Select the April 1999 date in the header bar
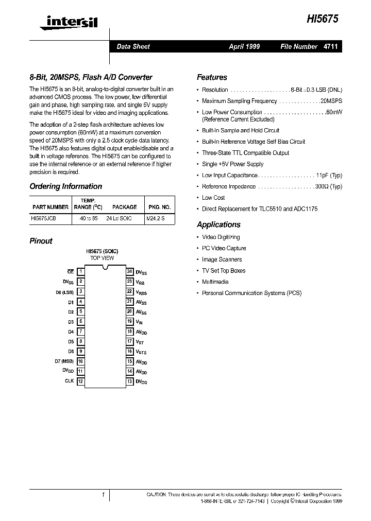click(244, 46)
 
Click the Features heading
click(212, 77)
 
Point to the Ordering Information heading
click(66, 186)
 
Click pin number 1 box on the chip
click(80, 271)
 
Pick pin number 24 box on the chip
click(130, 271)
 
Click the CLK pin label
click(70, 381)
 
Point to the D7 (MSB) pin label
click(64, 361)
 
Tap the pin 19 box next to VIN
click(130, 321)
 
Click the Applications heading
click(218, 224)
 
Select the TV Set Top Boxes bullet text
click(224, 271)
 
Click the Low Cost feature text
click(213, 198)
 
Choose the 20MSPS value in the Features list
click(331, 101)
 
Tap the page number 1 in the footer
click(103, 495)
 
